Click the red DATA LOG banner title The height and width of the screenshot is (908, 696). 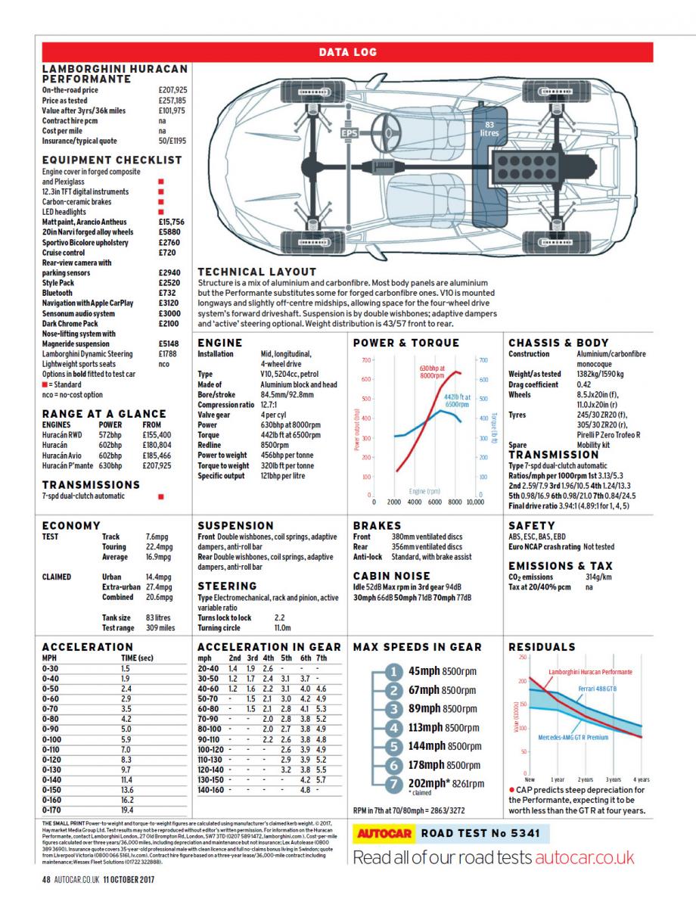click(347, 52)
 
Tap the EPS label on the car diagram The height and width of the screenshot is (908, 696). click(349, 134)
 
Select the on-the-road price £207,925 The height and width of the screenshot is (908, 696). click(172, 90)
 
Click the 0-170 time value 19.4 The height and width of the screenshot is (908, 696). click(127, 809)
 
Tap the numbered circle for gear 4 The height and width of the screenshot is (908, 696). click(393, 728)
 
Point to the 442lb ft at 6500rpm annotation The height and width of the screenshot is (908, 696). click(457, 400)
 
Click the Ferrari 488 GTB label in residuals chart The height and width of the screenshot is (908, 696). click(597, 688)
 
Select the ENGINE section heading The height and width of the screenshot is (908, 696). click(219, 343)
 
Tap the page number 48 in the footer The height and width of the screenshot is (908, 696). click(46, 879)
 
